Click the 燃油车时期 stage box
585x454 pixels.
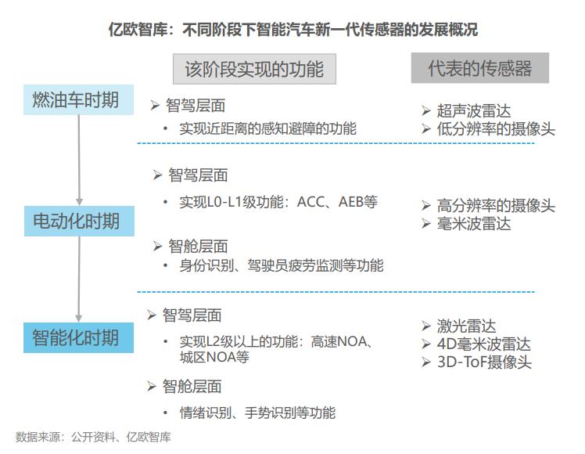76,101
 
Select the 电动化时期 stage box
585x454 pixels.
76,222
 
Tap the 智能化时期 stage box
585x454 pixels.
76,338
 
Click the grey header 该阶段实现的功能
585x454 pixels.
254,69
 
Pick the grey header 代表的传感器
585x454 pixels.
479,68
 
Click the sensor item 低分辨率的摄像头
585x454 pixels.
496,129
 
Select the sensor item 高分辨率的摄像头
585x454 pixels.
496,206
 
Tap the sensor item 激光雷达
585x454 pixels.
466,326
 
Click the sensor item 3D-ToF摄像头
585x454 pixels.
485,362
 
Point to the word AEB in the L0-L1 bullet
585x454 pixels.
352,202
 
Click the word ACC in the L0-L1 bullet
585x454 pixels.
310,202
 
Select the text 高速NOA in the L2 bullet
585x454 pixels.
341,342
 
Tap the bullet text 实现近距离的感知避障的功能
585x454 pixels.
267,128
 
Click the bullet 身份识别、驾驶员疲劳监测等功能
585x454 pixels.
282,265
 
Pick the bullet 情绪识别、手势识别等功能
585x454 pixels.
257,413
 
